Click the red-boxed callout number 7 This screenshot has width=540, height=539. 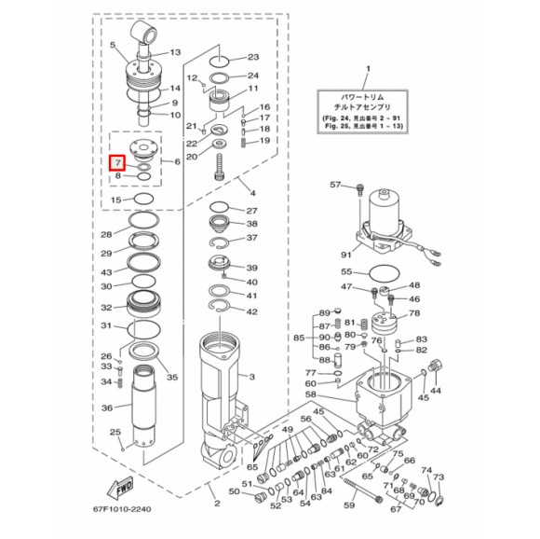pos(117,163)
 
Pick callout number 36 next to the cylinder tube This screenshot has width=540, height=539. pos(106,408)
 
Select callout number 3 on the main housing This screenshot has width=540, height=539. pos(250,377)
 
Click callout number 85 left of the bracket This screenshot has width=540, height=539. pos(299,338)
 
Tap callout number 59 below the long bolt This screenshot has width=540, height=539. pos(350,505)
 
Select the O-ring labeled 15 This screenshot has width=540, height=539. pos(143,200)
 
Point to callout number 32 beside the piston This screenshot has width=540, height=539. pos(106,307)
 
